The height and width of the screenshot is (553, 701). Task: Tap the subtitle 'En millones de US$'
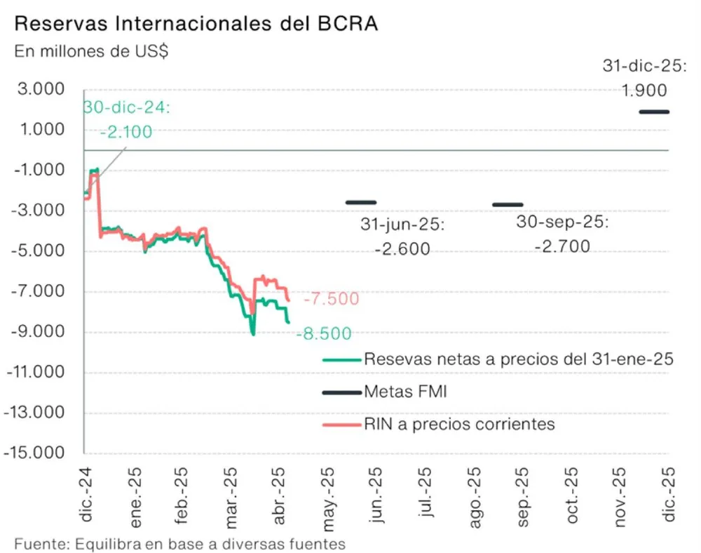tap(91, 52)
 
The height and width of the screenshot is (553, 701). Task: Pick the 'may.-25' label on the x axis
tap(327, 495)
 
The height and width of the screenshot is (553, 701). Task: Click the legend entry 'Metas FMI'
tap(405, 392)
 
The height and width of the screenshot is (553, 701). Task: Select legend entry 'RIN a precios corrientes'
tap(459, 424)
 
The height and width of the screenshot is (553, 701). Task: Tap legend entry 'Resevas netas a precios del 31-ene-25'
tap(519, 359)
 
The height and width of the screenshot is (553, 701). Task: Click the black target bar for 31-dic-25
tap(654, 112)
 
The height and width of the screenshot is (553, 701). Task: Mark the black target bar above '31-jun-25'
tap(361, 202)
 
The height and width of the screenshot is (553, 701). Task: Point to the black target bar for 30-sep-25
tap(508, 204)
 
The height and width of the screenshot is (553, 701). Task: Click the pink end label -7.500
tap(331, 299)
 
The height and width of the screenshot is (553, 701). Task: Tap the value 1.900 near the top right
tap(644, 91)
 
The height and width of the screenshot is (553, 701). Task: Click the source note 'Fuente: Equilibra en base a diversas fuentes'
tap(179, 543)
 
